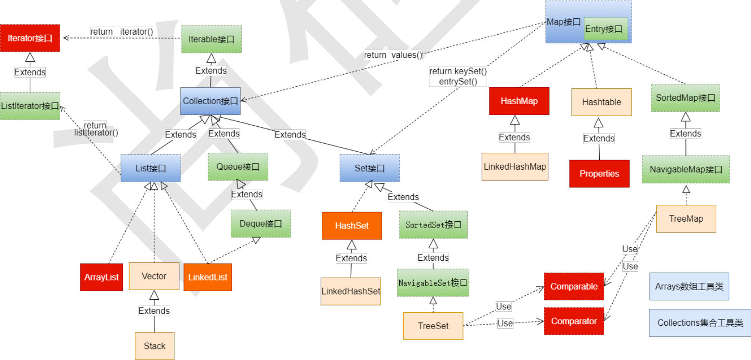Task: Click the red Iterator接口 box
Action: [x=30, y=38]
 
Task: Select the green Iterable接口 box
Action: [x=211, y=39]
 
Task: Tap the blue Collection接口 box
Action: [x=211, y=101]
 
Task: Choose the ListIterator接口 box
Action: [x=30, y=106]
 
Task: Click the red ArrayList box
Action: [x=101, y=277]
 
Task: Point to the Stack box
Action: [x=155, y=346]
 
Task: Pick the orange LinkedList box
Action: [x=208, y=277]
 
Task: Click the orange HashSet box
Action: [x=352, y=226]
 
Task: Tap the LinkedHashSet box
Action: [x=351, y=291]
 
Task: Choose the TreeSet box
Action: [x=433, y=326]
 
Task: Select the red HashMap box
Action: [x=519, y=101]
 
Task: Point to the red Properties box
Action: [x=599, y=173]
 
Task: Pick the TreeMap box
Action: [x=686, y=218]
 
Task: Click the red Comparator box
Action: [x=574, y=321]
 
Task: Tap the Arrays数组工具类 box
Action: [x=689, y=286]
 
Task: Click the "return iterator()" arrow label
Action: [x=121, y=32]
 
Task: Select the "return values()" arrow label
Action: [x=393, y=55]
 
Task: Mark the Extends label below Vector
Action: [x=154, y=310]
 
